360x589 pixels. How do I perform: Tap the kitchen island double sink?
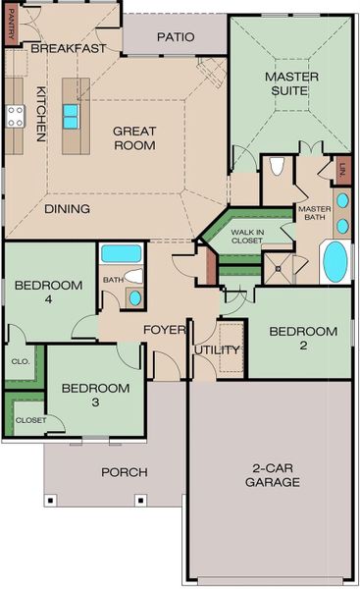tap(72, 116)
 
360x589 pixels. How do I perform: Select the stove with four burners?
tap(16, 117)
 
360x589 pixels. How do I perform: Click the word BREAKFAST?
tap(69, 48)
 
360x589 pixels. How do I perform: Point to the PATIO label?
tap(175, 37)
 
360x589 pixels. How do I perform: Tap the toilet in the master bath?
tap(277, 165)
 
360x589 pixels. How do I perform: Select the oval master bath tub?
tap(335, 262)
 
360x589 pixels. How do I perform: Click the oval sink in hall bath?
tap(134, 295)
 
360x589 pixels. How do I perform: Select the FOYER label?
tap(165, 330)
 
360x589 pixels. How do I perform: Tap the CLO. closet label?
tap(21, 360)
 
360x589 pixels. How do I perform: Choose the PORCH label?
tap(125, 472)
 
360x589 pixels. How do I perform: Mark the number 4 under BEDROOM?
tap(47, 301)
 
